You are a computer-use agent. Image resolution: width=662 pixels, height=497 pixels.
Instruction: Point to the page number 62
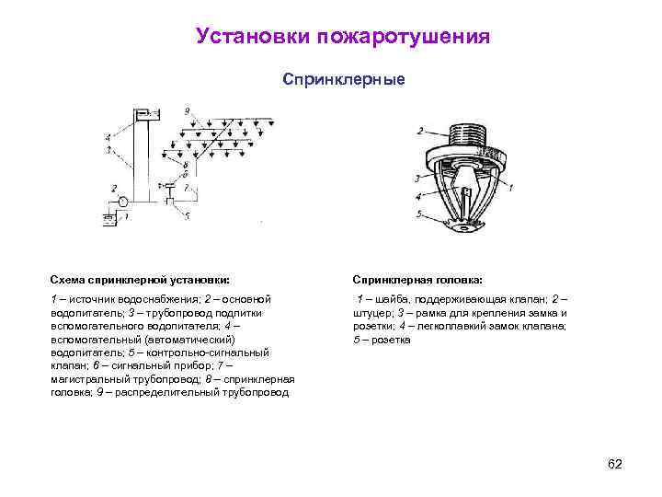tap(615, 464)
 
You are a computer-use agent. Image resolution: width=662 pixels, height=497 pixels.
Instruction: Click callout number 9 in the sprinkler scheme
tap(187, 111)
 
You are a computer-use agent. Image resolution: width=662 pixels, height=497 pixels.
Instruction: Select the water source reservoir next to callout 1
tap(108, 220)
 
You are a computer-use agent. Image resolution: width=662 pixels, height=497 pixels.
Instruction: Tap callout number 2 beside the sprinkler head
tap(420, 131)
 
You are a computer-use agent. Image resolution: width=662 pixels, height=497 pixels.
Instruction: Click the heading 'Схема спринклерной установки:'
tap(140, 279)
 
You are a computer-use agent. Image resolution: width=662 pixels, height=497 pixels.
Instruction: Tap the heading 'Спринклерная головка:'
tap(417, 279)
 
